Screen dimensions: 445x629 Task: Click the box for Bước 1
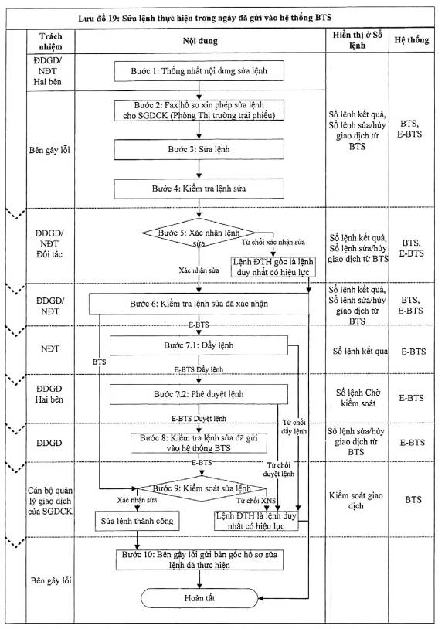(199, 71)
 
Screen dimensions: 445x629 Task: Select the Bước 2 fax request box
(199, 110)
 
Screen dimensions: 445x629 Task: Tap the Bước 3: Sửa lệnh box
(199, 149)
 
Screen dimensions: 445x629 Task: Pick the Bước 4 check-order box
(199, 189)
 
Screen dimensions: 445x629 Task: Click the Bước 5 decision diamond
(199, 233)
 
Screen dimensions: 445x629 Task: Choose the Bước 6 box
(199, 304)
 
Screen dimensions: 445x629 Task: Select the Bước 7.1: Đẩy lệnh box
(199, 345)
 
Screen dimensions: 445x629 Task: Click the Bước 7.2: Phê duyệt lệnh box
(199, 394)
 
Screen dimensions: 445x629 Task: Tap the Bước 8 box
(199, 443)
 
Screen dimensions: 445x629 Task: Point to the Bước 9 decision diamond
(202, 488)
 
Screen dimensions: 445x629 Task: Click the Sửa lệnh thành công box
(137, 521)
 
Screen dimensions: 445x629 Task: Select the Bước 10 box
(199, 559)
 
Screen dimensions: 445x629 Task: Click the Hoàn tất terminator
(199, 598)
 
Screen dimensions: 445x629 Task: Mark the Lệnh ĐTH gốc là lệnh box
(273, 267)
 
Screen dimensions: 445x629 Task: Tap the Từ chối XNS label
(256, 501)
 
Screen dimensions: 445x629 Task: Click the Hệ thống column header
(412, 40)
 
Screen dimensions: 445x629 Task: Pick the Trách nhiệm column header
(51, 41)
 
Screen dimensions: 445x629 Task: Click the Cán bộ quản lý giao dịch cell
(50, 501)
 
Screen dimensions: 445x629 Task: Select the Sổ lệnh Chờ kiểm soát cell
(358, 398)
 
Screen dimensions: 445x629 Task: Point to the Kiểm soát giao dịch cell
(356, 501)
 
